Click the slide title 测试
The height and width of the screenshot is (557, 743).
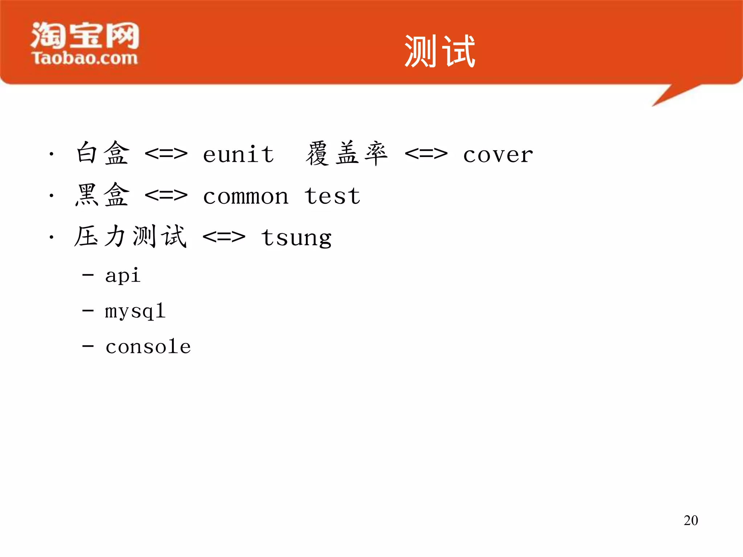(440, 51)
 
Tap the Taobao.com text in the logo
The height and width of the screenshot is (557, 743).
(85, 58)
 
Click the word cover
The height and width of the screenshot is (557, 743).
(498, 155)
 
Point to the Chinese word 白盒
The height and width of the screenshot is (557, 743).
(103, 153)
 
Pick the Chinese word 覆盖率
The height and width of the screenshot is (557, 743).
(347, 153)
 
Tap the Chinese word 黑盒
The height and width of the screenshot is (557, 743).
(103, 195)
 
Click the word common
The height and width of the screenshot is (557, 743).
(246, 197)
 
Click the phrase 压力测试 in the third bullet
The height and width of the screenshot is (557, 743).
(131, 236)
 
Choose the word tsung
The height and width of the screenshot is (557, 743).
(296, 238)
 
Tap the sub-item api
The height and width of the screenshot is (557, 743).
(123, 276)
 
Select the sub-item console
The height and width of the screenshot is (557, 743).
(148, 347)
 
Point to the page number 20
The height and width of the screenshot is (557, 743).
(691, 520)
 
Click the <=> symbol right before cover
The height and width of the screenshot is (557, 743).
(426, 154)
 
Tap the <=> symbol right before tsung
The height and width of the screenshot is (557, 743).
(224, 238)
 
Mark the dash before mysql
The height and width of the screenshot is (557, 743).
(88, 311)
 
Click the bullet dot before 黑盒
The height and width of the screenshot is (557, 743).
(52, 196)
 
